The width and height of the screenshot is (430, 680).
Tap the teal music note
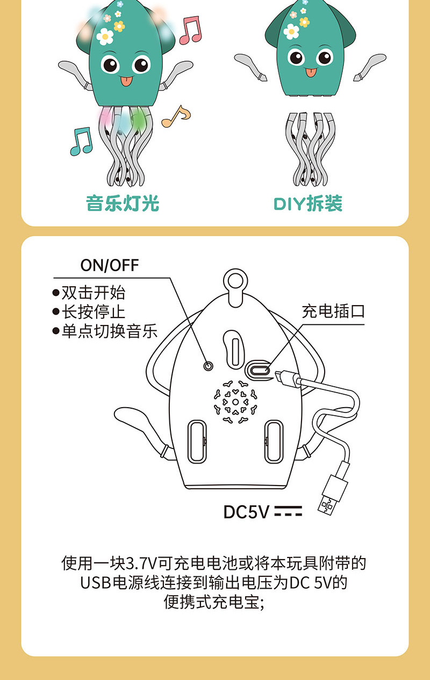(x=81, y=141)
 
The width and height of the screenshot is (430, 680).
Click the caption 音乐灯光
(x=123, y=204)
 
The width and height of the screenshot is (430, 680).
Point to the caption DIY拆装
(x=308, y=204)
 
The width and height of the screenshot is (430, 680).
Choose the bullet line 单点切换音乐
(x=105, y=331)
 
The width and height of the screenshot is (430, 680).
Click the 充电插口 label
(x=333, y=311)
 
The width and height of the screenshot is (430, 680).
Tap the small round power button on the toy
(x=208, y=365)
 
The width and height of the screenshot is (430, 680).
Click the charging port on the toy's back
(x=259, y=370)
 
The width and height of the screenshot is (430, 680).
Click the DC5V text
(x=246, y=512)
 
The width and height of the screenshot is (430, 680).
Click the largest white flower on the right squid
(x=291, y=31)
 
